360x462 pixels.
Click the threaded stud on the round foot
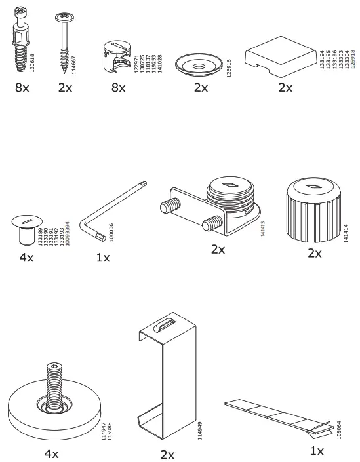(x=55, y=379)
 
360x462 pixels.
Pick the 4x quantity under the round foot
(x=50, y=453)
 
